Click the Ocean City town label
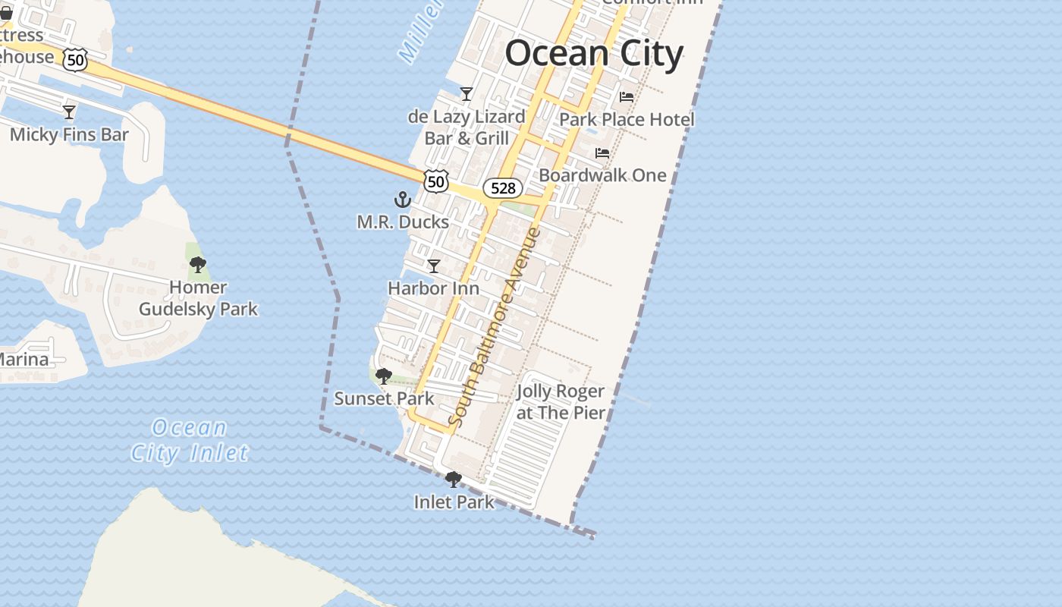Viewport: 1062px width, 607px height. [x=594, y=54]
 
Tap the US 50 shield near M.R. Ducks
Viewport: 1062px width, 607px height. [x=436, y=181]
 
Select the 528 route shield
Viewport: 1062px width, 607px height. [x=503, y=188]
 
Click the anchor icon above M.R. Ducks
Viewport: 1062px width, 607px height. [x=403, y=200]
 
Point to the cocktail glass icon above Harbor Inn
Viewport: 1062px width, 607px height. [x=434, y=266]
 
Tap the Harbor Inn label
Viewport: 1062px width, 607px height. [x=433, y=288]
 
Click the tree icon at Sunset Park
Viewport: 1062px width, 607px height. [x=384, y=376]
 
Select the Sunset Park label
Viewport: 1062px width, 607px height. [x=384, y=398]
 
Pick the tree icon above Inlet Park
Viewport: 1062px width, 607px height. [x=454, y=480]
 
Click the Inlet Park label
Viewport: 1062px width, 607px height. [x=454, y=502]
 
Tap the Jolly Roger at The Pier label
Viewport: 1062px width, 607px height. [x=561, y=402]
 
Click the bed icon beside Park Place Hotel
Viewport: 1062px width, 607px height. [x=627, y=97]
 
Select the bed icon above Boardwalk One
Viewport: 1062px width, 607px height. [x=602, y=153]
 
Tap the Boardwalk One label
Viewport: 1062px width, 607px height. [x=602, y=175]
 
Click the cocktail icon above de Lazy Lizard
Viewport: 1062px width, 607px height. [x=467, y=94]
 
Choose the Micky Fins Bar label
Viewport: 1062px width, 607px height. [x=69, y=135]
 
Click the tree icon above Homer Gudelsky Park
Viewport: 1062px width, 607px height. [x=198, y=265]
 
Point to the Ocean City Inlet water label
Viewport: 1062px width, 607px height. [x=189, y=440]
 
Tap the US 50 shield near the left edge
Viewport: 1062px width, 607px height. [x=75, y=60]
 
